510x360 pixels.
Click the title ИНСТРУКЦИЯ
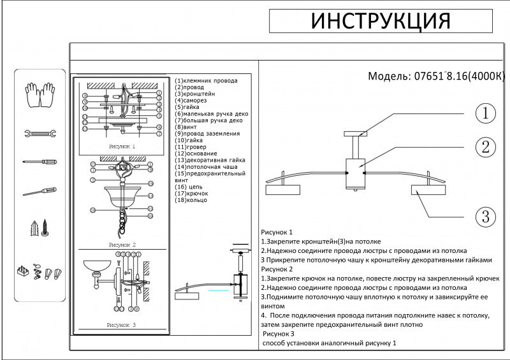point(381,20)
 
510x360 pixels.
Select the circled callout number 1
point(485,114)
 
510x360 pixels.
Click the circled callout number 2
point(485,147)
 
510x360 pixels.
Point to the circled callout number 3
point(485,216)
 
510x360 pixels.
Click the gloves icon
point(40,95)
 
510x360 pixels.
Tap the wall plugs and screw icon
point(40,227)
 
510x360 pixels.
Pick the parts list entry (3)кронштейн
point(199,94)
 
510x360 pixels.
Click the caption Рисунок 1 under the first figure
point(122,146)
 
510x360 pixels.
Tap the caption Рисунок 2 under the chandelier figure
point(122,244)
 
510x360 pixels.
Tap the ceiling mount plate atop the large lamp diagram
point(355,134)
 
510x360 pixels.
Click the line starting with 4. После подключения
point(375,315)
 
